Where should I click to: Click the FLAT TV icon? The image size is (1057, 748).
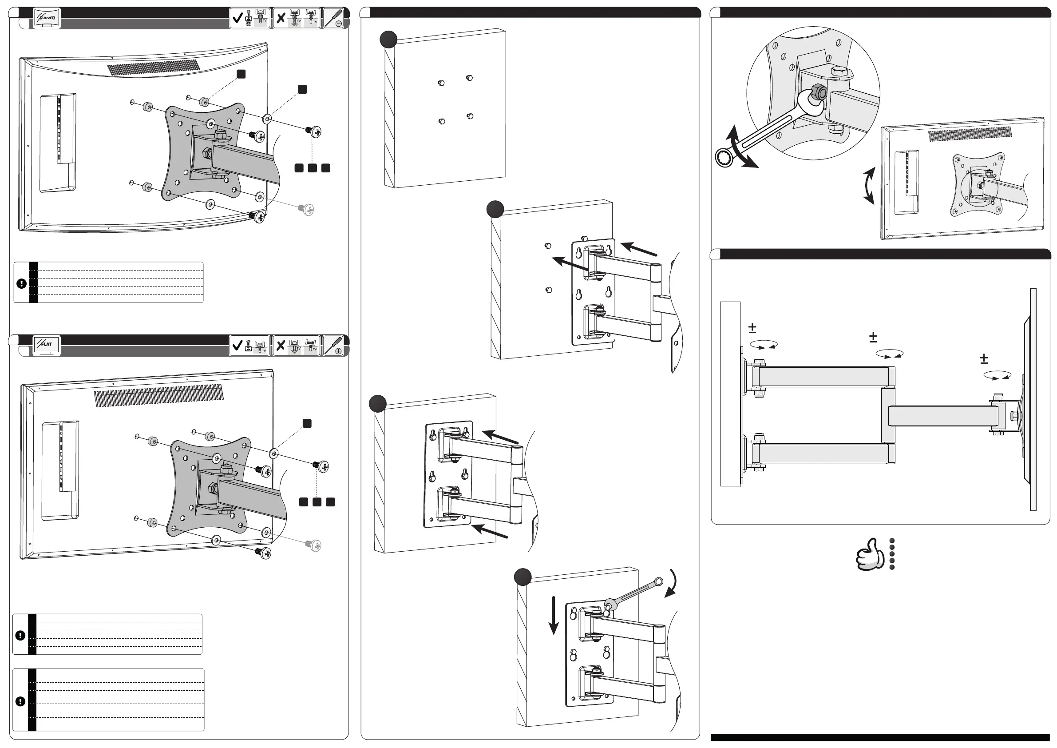(x=46, y=345)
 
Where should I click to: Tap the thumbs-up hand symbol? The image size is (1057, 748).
(x=870, y=554)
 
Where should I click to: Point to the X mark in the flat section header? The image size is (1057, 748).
(x=281, y=345)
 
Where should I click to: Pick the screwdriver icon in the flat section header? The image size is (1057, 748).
(x=333, y=345)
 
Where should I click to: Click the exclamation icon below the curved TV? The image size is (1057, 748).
(x=21, y=284)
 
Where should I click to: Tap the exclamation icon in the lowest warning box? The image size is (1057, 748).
(x=20, y=701)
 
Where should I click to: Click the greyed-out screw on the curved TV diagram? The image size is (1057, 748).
(x=307, y=210)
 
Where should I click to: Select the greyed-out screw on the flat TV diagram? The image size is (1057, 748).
(x=314, y=545)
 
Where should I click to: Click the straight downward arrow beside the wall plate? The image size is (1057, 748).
(x=554, y=615)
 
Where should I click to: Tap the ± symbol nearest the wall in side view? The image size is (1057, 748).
(x=752, y=328)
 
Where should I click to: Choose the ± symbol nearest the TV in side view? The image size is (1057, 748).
(x=984, y=358)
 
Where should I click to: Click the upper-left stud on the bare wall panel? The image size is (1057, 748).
(x=440, y=84)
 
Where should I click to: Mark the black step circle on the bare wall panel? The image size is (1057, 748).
(x=388, y=40)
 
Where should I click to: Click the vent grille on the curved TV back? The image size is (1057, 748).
(x=154, y=68)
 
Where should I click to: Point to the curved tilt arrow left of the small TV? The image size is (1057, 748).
(x=869, y=186)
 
